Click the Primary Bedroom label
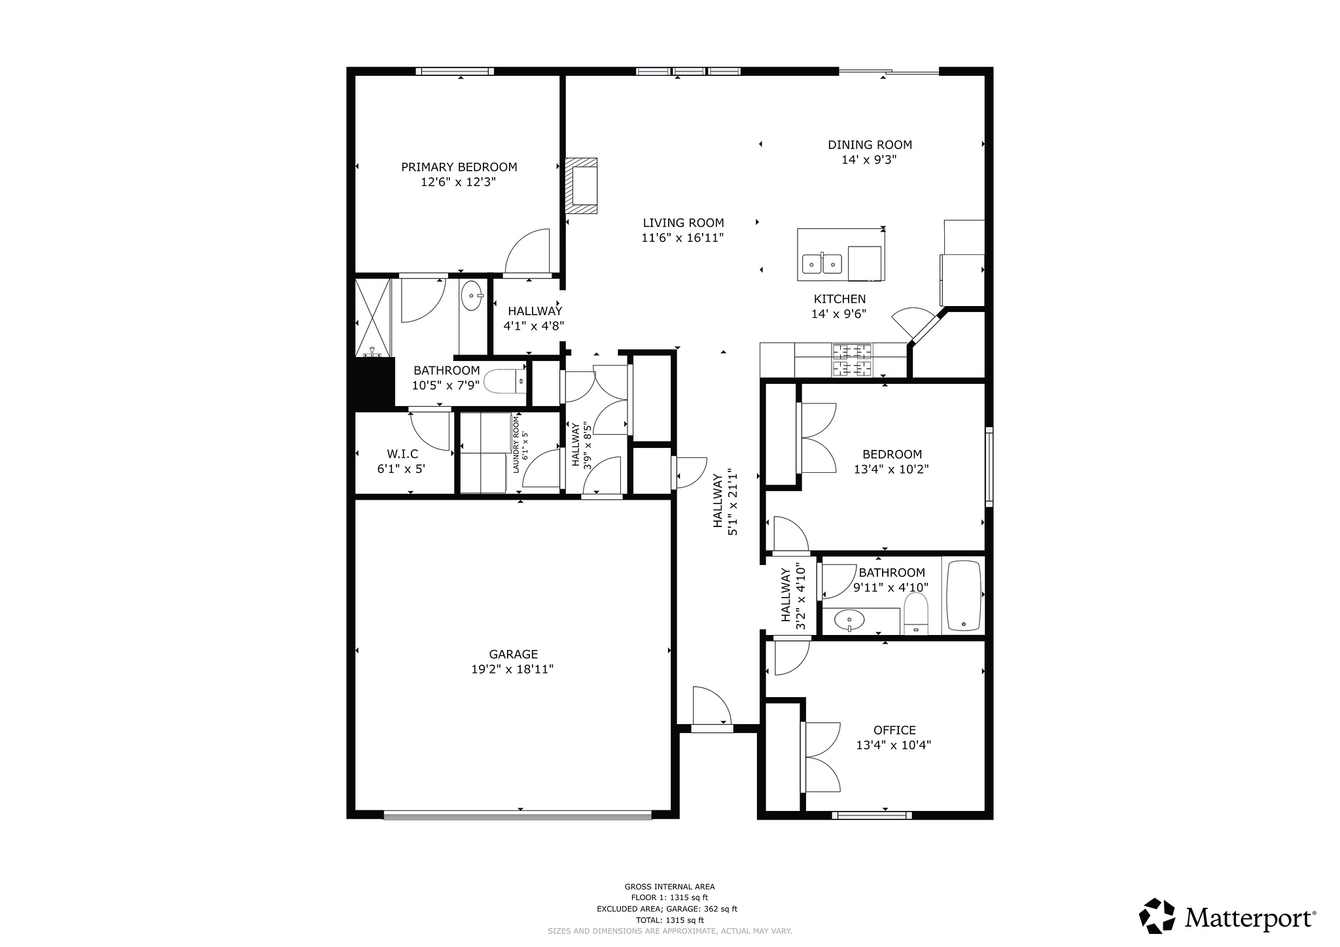click(x=459, y=167)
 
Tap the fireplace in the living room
click(x=582, y=186)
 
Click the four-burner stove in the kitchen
click(x=852, y=360)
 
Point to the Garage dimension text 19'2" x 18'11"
click(x=512, y=669)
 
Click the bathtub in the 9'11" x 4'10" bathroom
click(x=964, y=595)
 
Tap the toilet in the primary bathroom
click(x=506, y=381)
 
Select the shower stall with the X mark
click(x=372, y=317)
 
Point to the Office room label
click(x=894, y=730)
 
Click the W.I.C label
click(x=402, y=454)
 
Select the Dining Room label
click(x=870, y=145)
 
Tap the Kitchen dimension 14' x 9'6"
click(x=839, y=314)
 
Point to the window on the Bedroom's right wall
click(x=989, y=466)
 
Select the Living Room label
click(x=682, y=223)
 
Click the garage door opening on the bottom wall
click(x=517, y=814)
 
